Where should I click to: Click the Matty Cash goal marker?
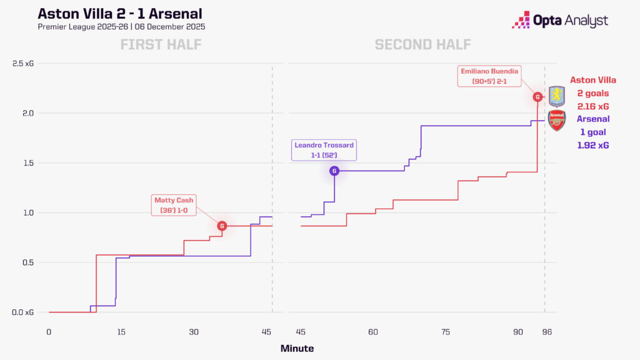(222, 226)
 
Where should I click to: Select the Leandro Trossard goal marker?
(334, 171)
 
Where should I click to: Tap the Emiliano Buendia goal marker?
(537, 97)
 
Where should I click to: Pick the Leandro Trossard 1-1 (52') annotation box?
(324, 150)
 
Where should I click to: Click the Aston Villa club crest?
(556, 96)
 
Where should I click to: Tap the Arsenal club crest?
(556, 120)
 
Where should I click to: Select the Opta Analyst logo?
(559, 20)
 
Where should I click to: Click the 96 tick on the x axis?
(544, 332)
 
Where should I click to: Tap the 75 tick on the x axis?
(445, 332)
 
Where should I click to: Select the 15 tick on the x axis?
(121, 332)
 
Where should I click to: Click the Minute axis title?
(297, 348)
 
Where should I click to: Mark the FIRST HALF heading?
(161, 44)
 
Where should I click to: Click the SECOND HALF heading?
(422, 44)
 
